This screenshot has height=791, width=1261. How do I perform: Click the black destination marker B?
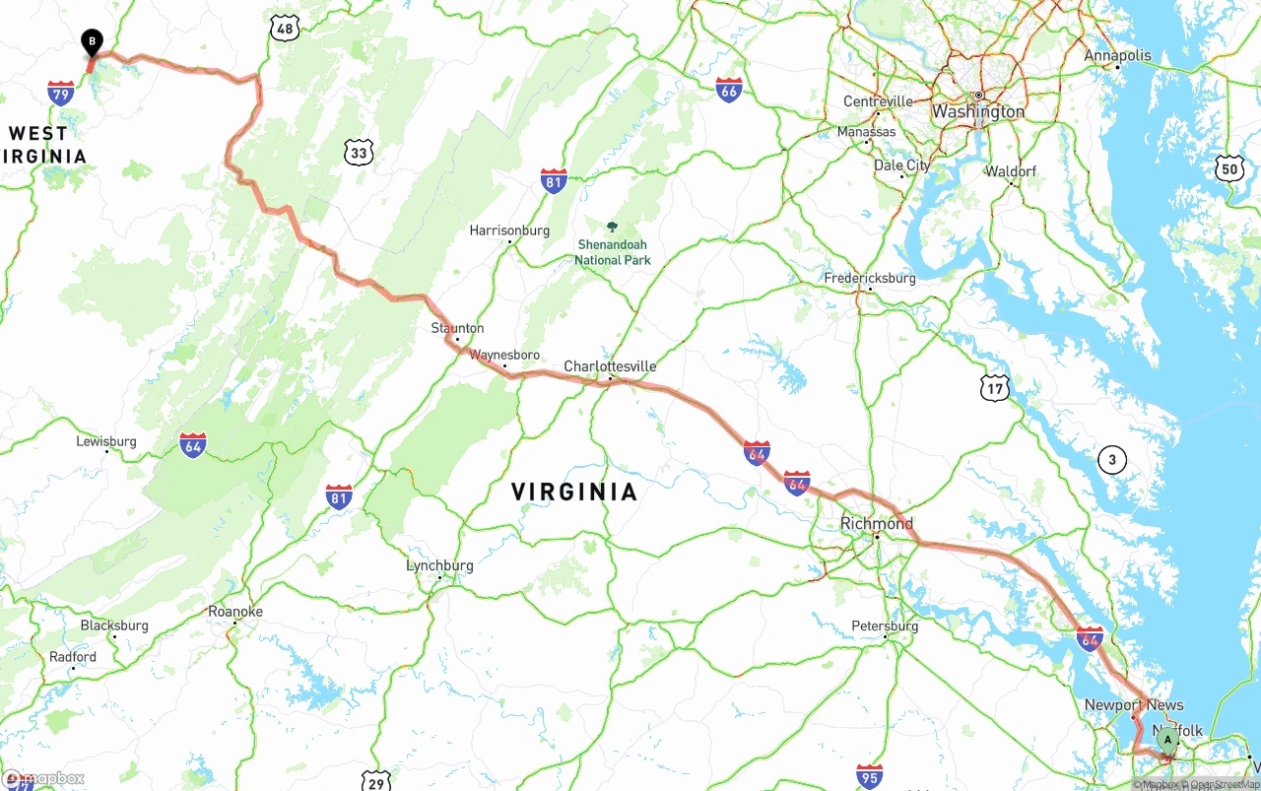pos(92,41)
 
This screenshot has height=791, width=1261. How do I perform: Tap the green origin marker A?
pos(1167,739)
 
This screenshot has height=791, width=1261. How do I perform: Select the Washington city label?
pos(978,111)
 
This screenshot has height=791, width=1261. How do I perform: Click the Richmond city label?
pos(876,523)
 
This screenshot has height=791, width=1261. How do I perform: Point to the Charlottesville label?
pos(610,366)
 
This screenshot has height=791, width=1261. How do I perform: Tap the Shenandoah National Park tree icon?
pos(613,228)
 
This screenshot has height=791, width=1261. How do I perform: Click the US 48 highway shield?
pos(285,28)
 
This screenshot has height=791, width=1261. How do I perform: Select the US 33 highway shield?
pos(360,152)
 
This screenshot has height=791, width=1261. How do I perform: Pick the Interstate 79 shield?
pos(61,94)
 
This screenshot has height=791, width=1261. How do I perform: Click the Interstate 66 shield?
pos(729,89)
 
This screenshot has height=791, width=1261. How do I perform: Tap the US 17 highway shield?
pos(995,388)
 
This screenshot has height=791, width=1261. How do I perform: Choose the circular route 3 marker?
pos(1112,459)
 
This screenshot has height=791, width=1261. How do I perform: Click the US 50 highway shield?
pos(1228,167)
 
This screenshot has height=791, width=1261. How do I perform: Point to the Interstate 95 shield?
pos(869,775)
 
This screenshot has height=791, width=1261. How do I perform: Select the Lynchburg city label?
pos(439,565)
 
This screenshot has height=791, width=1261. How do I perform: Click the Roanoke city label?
pos(235,611)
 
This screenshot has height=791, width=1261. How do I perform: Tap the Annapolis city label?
pos(1117,55)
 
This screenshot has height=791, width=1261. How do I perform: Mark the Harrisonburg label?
pos(509,231)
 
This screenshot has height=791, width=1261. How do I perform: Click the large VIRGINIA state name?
pos(574,492)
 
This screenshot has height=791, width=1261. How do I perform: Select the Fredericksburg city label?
pos(870,278)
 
